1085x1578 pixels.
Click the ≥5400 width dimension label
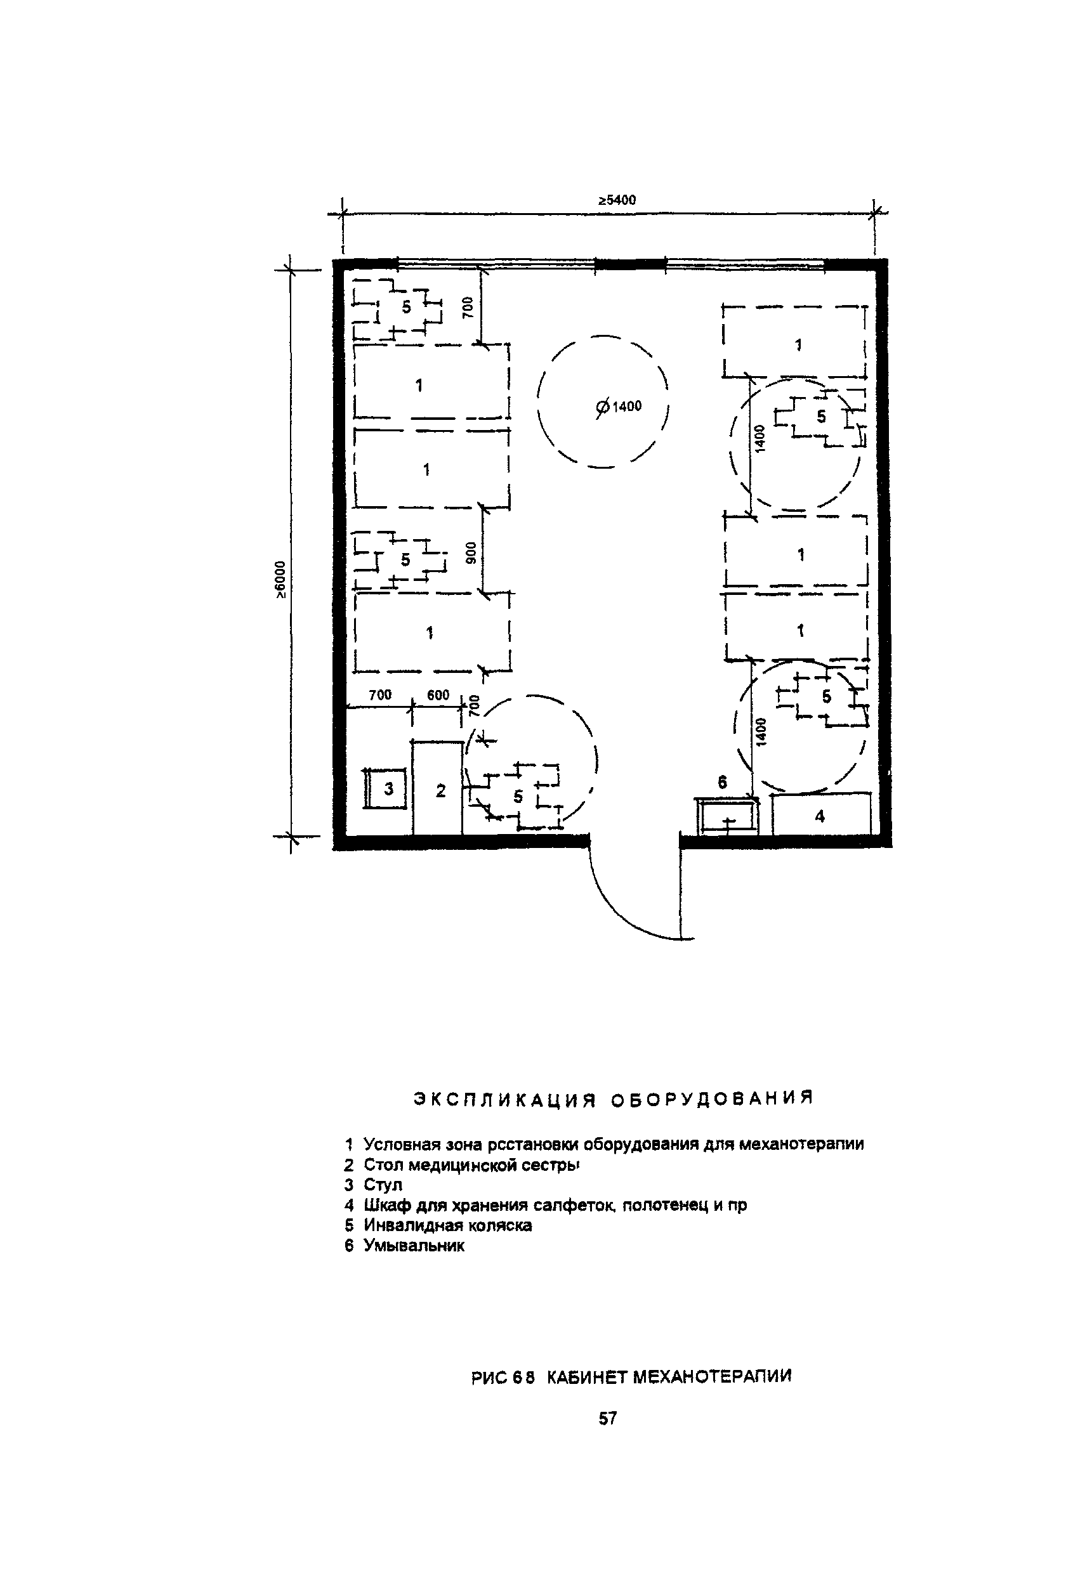pyautogui.click(x=617, y=200)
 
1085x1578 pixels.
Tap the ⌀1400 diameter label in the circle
pyautogui.click(x=618, y=407)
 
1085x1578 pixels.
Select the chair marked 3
pyautogui.click(x=386, y=788)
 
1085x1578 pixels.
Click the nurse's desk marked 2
pyautogui.click(x=438, y=788)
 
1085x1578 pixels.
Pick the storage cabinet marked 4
pyautogui.click(x=821, y=814)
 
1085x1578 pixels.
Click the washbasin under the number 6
pyautogui.click(x=727, y=816)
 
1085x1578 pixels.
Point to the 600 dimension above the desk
pyautogui.click(x=438, y=694)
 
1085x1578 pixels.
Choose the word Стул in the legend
pyautogui.click(x=383, y=1185)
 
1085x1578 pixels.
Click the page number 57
pyautogui.click(x=608, y=1418)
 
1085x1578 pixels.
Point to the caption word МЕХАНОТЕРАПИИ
pyautogui.click(x=713, y=1377)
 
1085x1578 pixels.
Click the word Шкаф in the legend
pyautogui.click(x=383, y=1206)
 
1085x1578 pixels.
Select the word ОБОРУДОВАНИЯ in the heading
pyautogui.click(x=712, y=1099)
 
